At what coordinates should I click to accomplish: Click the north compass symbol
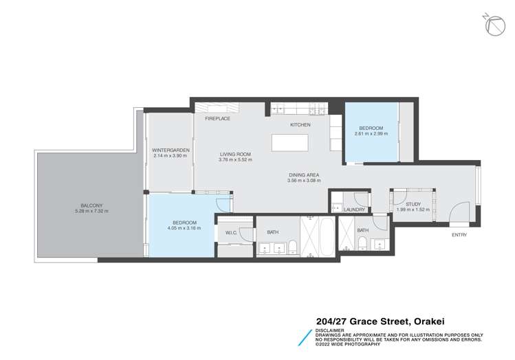click(x=495, y=25)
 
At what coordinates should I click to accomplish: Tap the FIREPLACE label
click(x=217, y=118)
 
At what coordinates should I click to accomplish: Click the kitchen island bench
click(x=289, y=142)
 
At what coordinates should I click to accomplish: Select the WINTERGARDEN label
click(x=171, y=150)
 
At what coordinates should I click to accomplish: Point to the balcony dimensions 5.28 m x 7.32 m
click(x=91, y=211)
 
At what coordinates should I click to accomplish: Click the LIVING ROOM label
click(x=235, y=155)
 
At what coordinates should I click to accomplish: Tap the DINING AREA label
click(x=304, y=175)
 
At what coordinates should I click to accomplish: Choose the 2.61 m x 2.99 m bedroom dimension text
click(x=371, y=133)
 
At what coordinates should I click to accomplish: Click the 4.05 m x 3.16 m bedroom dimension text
click(x=184, y=228)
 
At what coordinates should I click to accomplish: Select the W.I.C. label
click(x=231, y=233)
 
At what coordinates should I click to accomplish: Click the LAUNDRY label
click(x=354, y=210)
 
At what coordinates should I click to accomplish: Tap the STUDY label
click(x=413, y=204)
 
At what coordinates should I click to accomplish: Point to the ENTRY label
click(x=459, y=235)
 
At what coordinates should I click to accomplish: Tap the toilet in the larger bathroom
click(x=292, y=247)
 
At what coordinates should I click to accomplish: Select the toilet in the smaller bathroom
click(x=362, y=243)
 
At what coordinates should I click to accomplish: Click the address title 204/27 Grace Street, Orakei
click(x=380, y=322)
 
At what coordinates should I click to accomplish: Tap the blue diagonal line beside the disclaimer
click(x=305, y=338)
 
